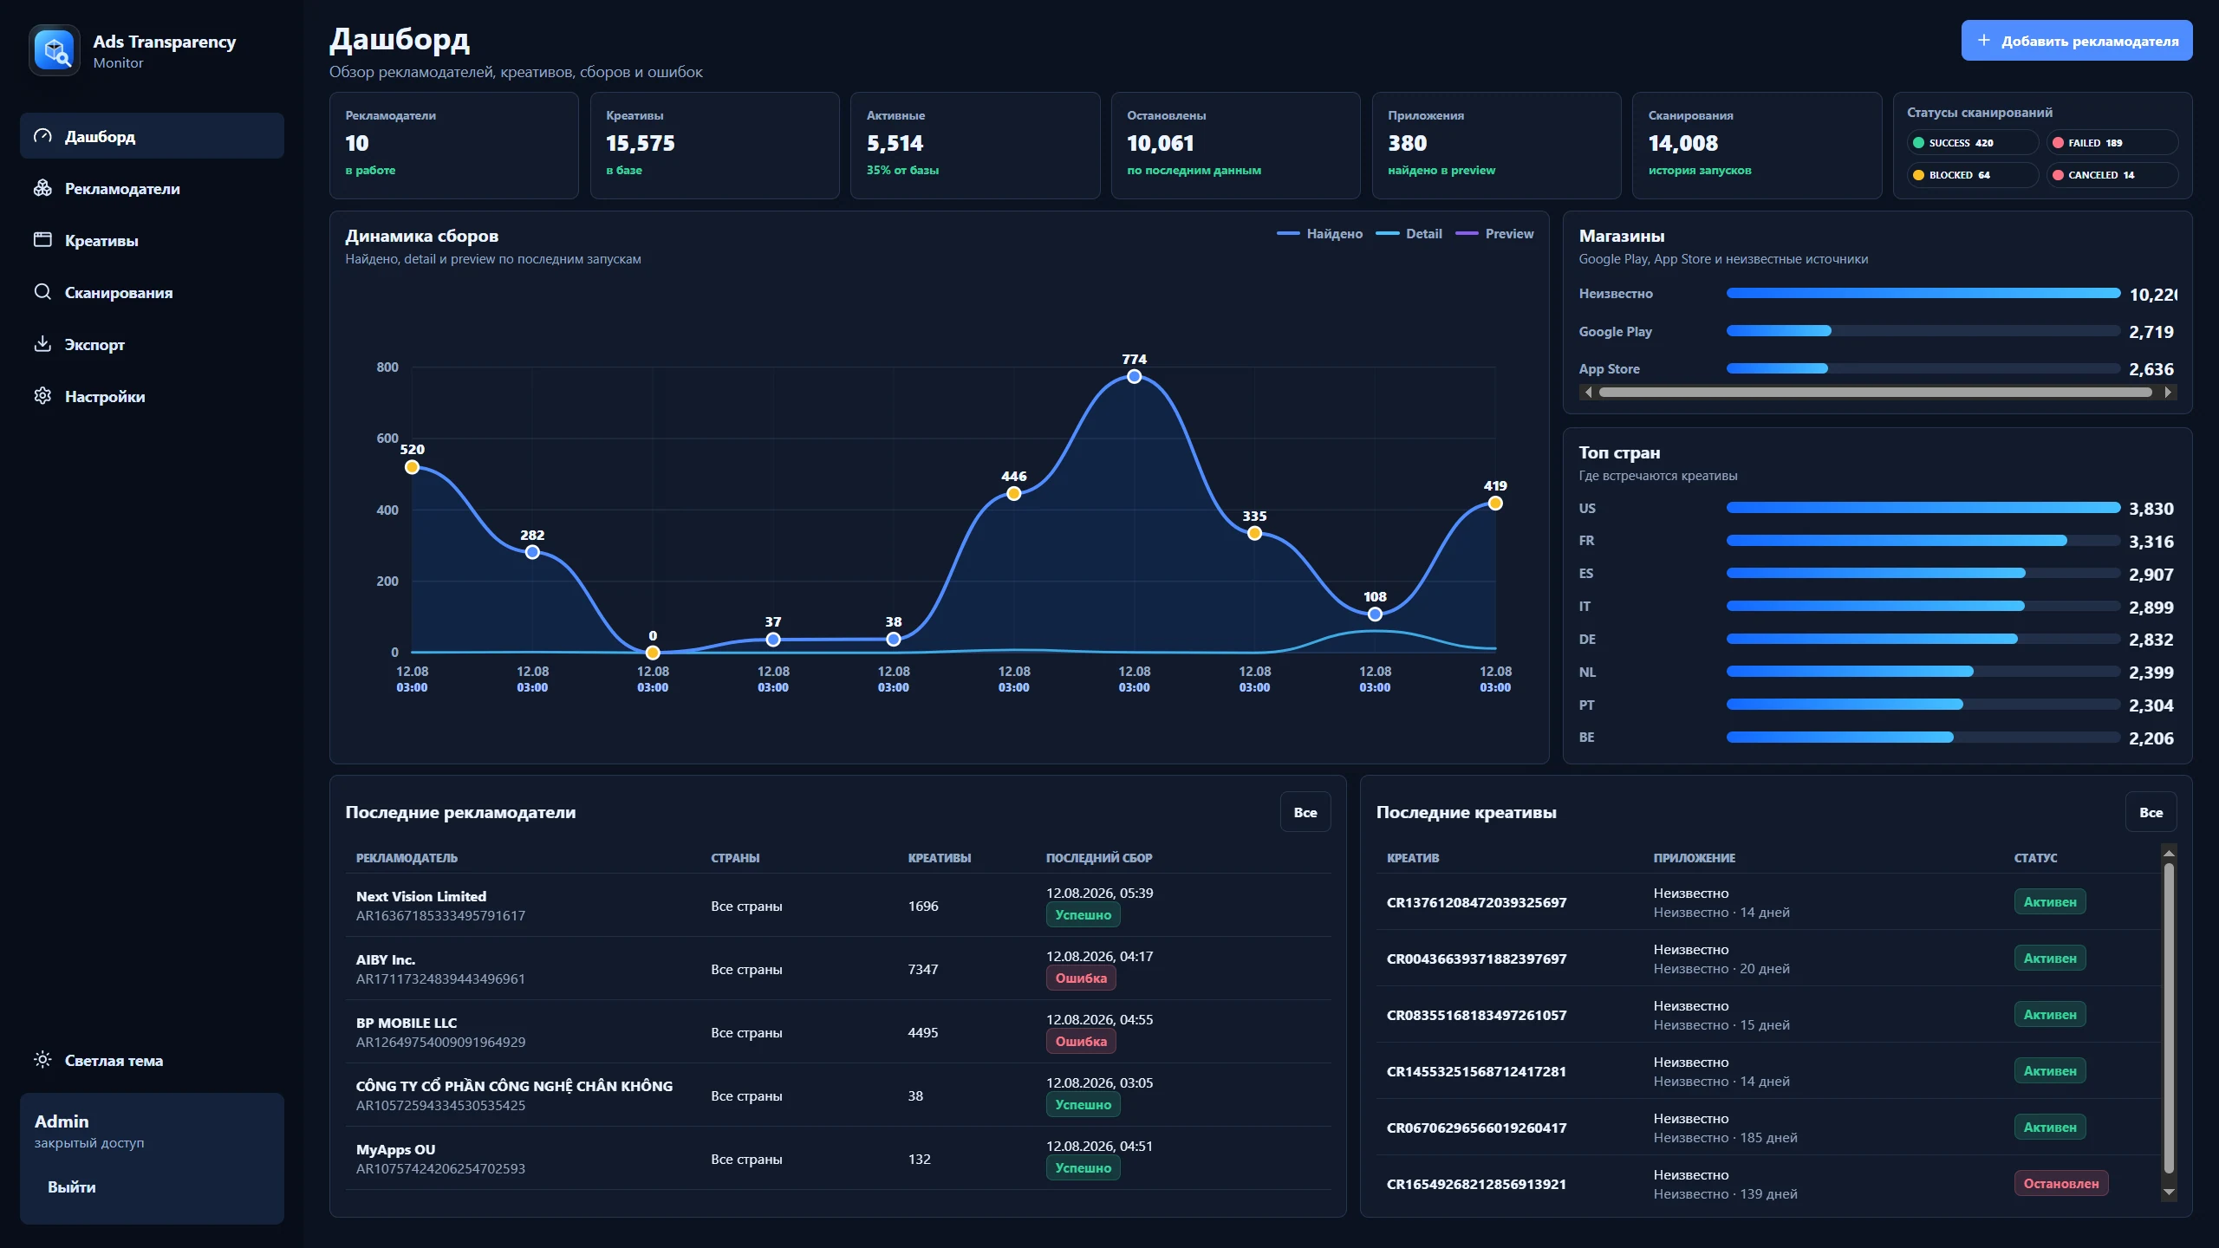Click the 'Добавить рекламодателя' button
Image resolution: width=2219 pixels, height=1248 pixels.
coord(2076,41)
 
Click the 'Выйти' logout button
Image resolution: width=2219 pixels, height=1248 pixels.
coord(72,1187)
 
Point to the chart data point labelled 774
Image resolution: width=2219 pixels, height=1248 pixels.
coord(1134,376)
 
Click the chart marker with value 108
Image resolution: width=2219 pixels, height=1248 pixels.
coord(1375,614)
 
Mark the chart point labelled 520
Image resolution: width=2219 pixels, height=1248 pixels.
coord(412,467)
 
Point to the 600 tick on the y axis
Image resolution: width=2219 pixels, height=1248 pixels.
coord(387,439)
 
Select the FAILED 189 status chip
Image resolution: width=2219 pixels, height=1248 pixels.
coord(2112,143)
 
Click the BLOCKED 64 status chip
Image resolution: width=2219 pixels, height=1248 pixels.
coord(1972,175)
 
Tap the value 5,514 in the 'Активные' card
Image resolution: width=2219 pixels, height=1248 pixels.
coord(895,143)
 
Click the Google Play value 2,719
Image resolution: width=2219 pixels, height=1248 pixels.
coord(2151,332)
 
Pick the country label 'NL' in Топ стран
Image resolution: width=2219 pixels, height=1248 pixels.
coord(1587,673)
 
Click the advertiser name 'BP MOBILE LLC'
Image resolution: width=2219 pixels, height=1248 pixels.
coord(407,1023)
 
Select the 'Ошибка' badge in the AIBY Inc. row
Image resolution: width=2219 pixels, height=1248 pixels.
coord(1081,978)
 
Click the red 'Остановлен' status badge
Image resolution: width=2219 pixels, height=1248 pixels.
coord(2060,1184)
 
